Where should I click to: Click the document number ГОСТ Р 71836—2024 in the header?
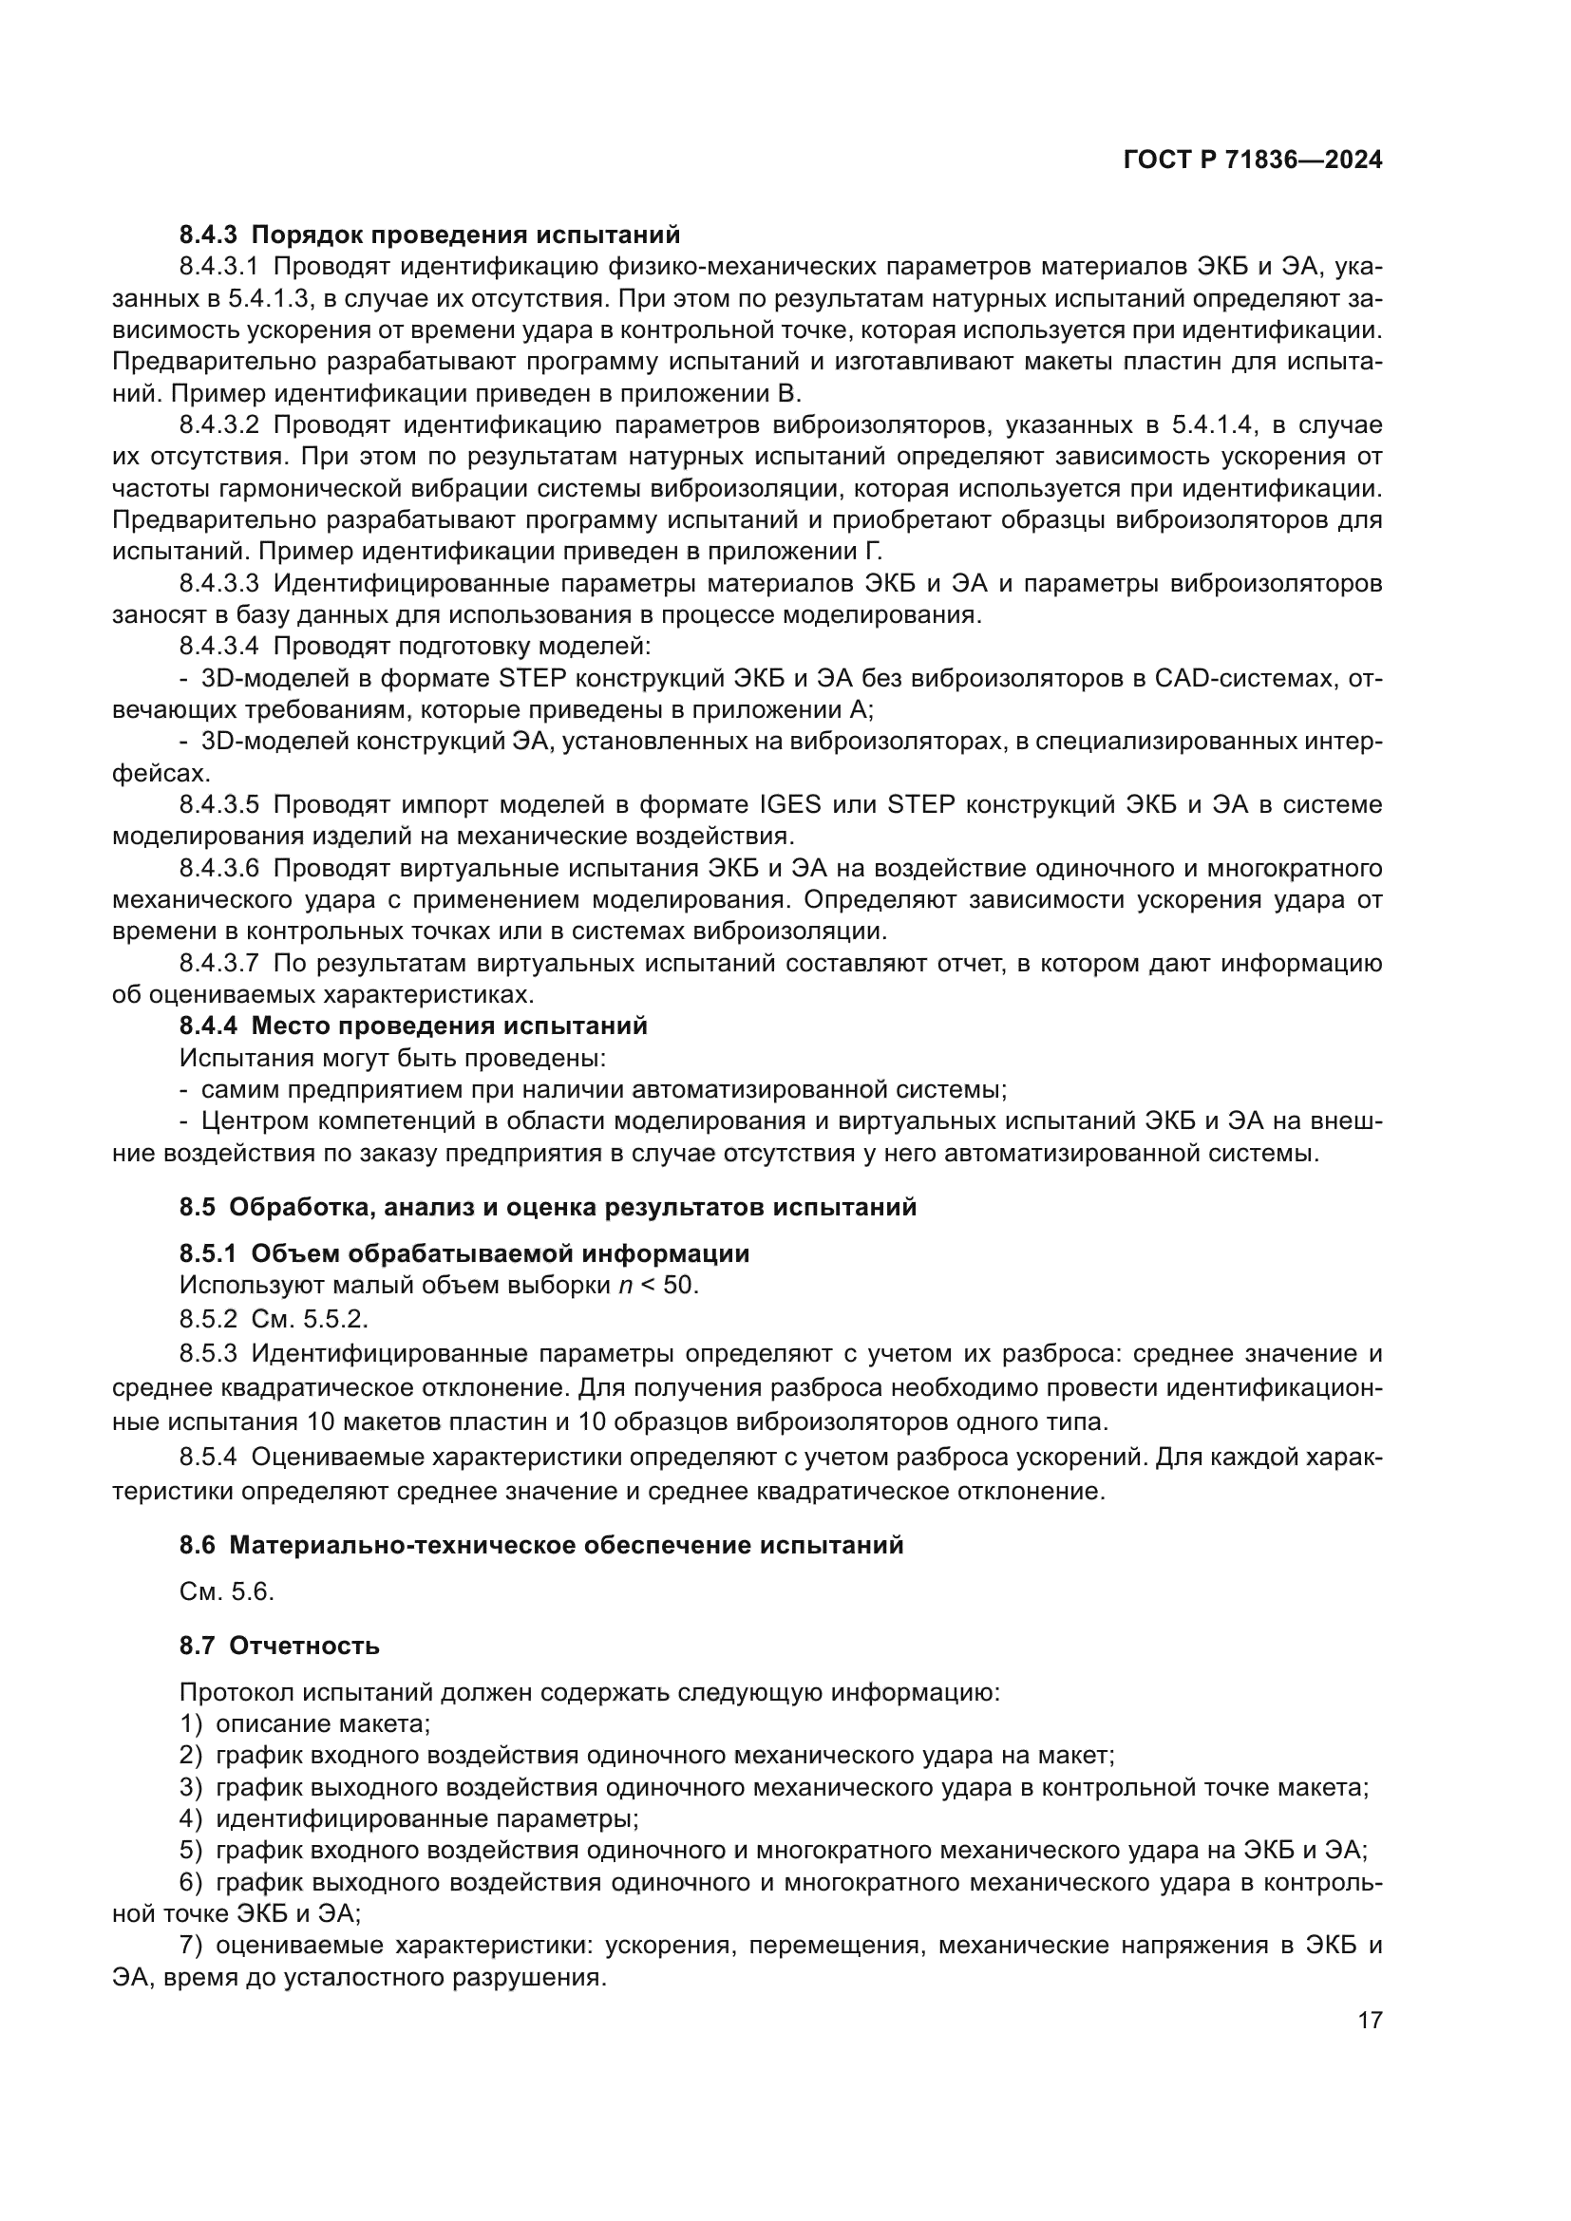pos(1253,160)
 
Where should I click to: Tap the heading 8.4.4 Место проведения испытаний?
pos(413,1026)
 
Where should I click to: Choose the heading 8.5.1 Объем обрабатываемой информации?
pos(464,1253)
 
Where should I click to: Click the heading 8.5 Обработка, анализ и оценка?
pos(547,1206)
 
